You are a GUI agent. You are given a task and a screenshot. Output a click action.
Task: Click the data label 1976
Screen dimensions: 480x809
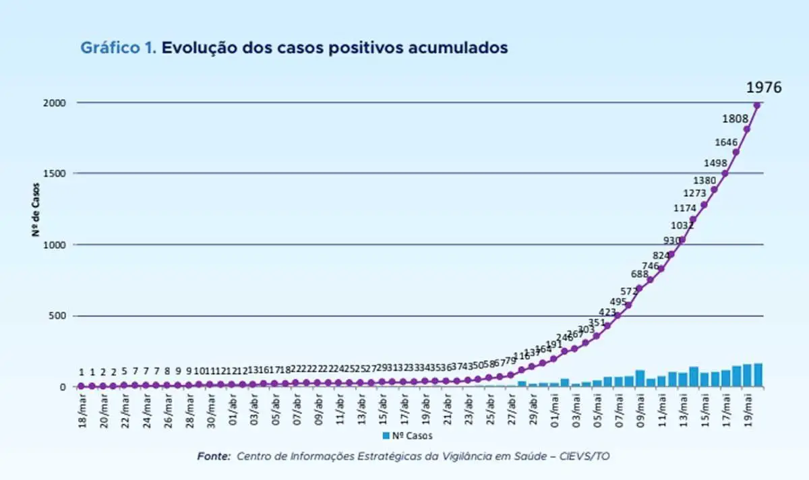tap(763, 88)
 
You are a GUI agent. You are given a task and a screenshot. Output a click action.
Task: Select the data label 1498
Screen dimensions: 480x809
tap(715, 162)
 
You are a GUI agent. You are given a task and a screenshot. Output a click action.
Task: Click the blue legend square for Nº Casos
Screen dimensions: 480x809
tap(386, 436)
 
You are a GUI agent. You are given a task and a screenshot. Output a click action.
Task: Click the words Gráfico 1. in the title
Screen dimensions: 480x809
tap(119, 48)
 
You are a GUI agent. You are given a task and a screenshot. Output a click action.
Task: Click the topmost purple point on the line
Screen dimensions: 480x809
tap(757, 104)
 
